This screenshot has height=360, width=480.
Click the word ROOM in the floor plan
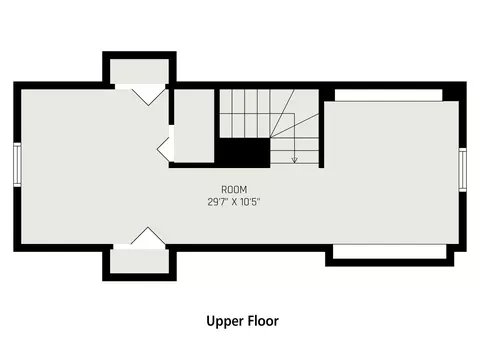click(x=234, y=190)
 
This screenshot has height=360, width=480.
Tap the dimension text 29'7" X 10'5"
click(x=234, y=202)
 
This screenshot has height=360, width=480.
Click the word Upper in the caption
click(x=224, y=322)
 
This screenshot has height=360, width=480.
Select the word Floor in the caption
click(x=263, y=321)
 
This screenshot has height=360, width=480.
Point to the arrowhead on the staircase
click(x=294, y=160)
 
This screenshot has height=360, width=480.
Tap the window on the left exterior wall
click(x=17, y=165)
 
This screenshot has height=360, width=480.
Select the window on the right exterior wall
click(x=462, y=170)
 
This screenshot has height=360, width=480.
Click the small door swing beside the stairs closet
click(x=163, y=149)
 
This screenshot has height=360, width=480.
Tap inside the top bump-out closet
click(x=139, y=71)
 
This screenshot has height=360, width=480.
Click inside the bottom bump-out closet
click(x=139, y=261)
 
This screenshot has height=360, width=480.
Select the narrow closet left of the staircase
click(x=194, y=126)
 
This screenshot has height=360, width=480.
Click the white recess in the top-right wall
click(x=388, y=95)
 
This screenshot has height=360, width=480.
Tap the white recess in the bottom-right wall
click(x=389, y=252)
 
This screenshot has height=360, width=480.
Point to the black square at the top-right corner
click(x=454, y=91)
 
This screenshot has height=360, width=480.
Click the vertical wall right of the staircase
click(x=321, y=128)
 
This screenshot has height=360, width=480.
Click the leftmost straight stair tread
click(x=226, y=113)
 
